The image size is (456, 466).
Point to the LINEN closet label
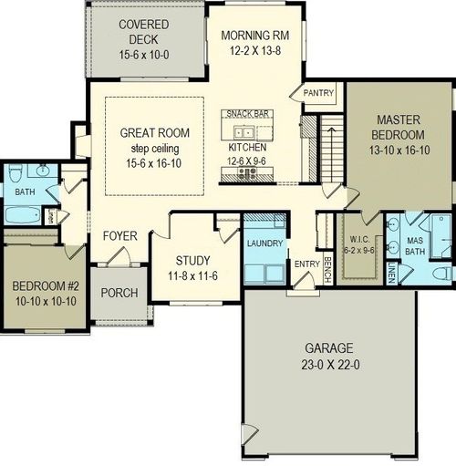[x=391, y=272]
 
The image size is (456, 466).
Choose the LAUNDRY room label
[x=265, y=243]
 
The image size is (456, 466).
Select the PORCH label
[x=120, y=293]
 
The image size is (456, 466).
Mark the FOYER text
[x=119, y=236]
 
